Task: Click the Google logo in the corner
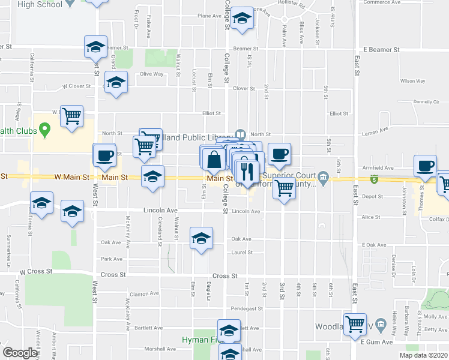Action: pyautogui.click(x=20, y=353)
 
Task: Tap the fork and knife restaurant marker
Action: pyautogui.click(x=247, y=172)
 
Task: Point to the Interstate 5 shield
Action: pyautogui.click(x=375, y=179)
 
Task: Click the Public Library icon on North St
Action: pyautogui.click(x=240, y=134)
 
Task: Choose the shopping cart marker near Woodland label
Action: pyautogui.click(x=355, y=325)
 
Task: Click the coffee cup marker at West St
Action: pyautogui.click(x=104, y=156)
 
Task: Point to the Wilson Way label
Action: pyautogui.click(x=412, y=80)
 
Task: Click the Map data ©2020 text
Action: pyautogui.click(x=423, y=355)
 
